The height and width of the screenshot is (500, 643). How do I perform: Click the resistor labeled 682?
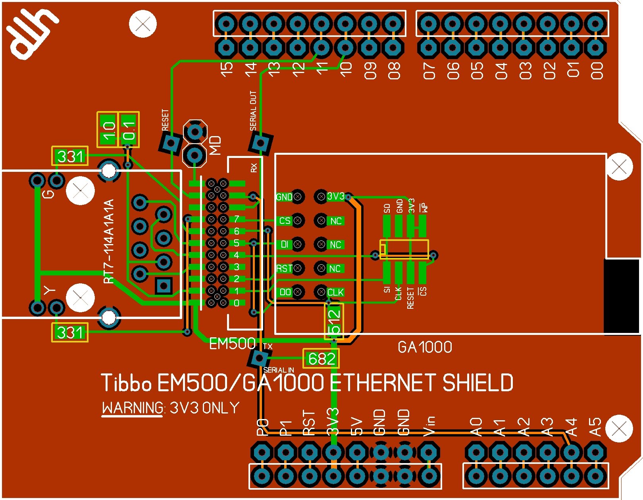[x=321, y=359]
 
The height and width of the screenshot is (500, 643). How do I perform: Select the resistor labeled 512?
[x=334, y=321]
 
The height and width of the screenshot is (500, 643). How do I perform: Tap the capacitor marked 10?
[x=108, y=129]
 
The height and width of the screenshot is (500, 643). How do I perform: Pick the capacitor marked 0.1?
[x=129, y=129]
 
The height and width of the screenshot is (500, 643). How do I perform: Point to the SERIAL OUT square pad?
[x=260, y=143]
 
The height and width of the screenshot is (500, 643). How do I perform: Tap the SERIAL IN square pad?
[x=259, y=358]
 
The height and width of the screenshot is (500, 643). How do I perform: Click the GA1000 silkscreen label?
[x=425, y=347]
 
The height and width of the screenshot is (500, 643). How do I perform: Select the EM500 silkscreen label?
[x=232, y=344]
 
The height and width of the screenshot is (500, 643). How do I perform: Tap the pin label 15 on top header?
[x=227, y=70]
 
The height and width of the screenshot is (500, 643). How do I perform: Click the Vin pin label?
[x=429, y=426]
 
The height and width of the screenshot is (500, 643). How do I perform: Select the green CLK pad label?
[x=335, y=292]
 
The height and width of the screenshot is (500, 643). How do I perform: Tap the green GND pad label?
[x=284, y=197]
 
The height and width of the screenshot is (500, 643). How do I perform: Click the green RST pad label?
[x=284, y=269]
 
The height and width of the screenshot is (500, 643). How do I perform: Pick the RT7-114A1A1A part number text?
[x=109, y=241]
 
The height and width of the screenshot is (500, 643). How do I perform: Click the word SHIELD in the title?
[x=477, y=383]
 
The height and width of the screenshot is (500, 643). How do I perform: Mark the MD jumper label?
[x=215, y=145]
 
